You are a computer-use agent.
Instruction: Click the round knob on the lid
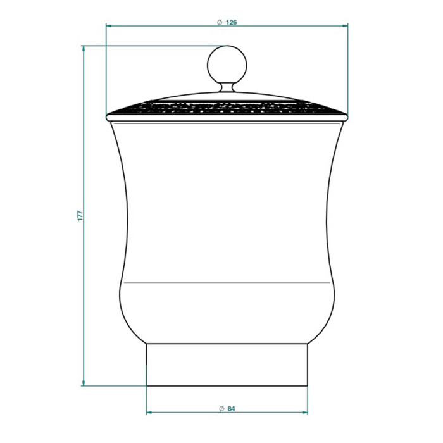[227, 63]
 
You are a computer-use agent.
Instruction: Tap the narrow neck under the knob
[227, 87]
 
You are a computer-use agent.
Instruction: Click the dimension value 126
[231, 22]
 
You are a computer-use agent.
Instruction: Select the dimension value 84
[231, 409]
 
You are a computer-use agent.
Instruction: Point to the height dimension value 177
[80, 215]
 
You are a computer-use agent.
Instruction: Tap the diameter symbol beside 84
[221, 409]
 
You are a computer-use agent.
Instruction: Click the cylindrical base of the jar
[227, 365]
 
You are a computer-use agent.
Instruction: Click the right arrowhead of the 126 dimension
[346, 26]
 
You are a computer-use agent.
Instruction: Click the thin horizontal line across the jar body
[227, 279]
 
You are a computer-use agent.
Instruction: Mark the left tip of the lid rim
[108, 116]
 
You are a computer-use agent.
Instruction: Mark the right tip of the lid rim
[347, 116]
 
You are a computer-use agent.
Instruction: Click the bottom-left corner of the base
[147, 385]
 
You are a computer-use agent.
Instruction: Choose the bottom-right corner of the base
[308, 385]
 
